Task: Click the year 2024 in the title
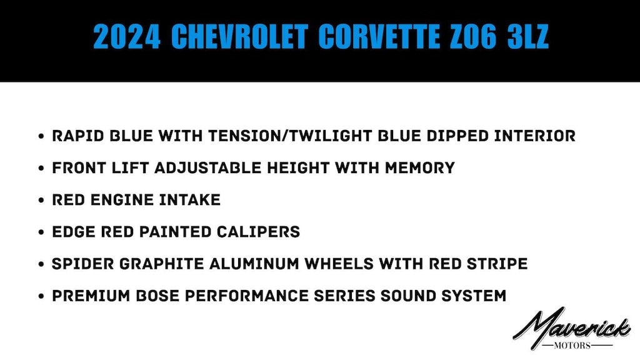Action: (x=126, y=37)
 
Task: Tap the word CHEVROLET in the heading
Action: (x=239, y=37)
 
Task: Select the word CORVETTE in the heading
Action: (x=379, y=37)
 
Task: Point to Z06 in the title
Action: (x=473, y=37)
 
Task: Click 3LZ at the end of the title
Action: (x=527, y=37)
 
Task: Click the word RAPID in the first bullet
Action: (x=78, y=136)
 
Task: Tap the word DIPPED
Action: (x=457, y=136)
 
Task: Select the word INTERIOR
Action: (x=535, y=136)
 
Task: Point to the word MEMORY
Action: (x=420, y=167)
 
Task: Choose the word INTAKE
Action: (x=190, y=199)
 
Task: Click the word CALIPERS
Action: (x=258, y=232)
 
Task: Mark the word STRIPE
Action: (x=497, y=264)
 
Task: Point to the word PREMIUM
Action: (x=91, y=296)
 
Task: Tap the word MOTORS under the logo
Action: (x=572, y=346)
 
